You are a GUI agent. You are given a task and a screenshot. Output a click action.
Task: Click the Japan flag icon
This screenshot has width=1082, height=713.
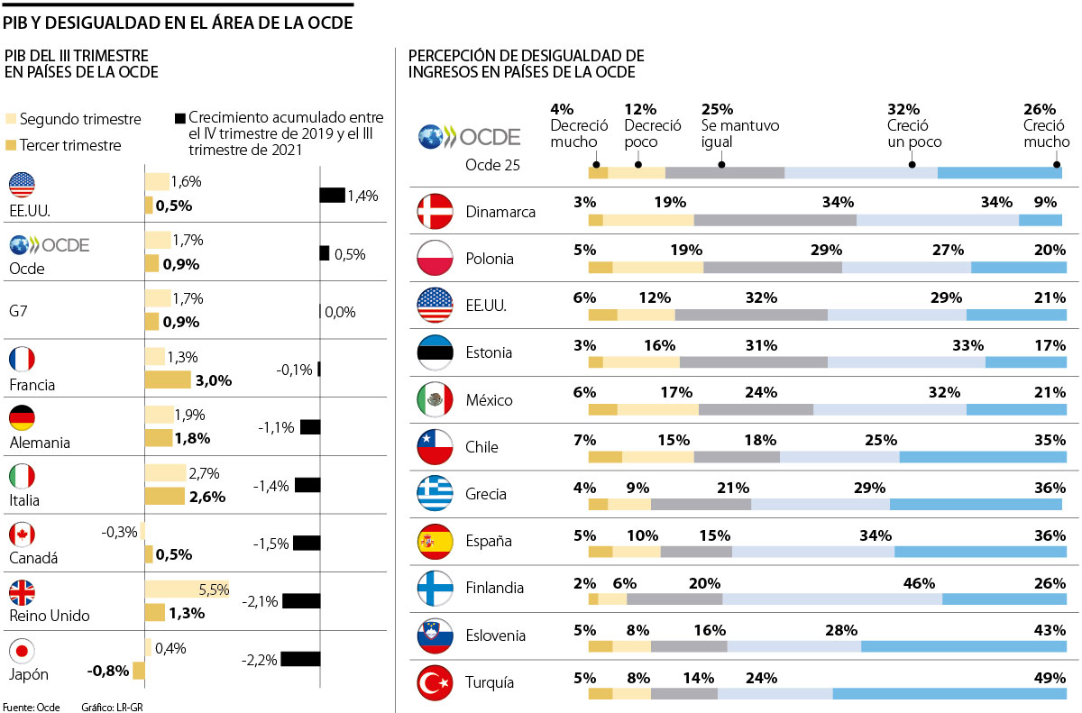coord(22,651)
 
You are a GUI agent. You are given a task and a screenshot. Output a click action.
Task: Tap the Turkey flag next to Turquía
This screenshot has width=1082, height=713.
coord(434,682)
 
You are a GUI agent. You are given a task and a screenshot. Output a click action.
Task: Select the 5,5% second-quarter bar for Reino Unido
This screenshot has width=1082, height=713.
coord(188,590)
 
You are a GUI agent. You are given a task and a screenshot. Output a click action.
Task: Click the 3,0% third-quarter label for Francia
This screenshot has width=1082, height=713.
coord(214,380)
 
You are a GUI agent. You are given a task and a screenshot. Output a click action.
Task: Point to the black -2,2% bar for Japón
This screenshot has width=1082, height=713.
coord(301,659)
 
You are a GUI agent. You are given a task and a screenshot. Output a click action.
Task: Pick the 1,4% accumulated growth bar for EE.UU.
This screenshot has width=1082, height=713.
coord(332,196)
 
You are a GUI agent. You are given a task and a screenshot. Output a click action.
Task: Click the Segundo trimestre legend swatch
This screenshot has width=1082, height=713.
coord(11,119)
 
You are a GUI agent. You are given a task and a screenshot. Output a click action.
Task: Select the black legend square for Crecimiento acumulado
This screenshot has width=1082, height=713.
coord(179,118)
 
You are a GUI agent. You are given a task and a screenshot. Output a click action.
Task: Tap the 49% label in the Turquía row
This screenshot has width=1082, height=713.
coord(1050,678)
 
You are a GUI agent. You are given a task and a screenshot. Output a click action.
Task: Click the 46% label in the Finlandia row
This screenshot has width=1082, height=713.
coord(920,584)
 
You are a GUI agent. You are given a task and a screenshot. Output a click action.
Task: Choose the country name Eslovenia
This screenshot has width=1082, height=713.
coord(495,635)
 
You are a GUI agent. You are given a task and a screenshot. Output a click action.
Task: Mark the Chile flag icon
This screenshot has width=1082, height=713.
coord(434,447)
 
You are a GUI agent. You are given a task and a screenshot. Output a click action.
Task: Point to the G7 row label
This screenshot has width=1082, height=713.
coord(17,310)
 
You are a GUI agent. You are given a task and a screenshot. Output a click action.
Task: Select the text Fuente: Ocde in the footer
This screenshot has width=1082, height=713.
coord(31,707)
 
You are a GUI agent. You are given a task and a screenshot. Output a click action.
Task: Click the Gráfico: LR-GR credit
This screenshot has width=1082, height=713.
coord(112,707)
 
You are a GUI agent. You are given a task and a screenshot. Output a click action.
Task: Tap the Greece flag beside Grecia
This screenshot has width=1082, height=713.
coord(434,494)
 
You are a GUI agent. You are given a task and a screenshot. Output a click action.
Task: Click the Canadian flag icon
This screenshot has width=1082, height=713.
coord(22,535)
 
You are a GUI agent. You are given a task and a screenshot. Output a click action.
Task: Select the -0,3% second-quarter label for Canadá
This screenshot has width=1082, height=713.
coord(119,532)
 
